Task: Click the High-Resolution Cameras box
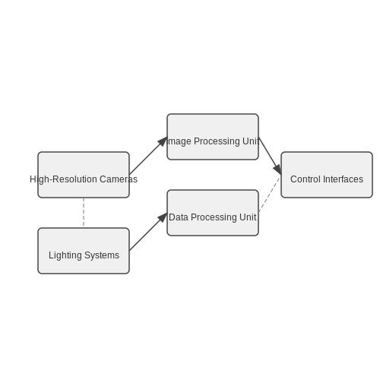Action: tap(84, 175)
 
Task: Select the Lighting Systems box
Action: tap(84, 251)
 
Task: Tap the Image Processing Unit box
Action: tap(213, 137)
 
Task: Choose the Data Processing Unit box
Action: tap(213, 213)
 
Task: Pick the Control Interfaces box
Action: tap(327, 175)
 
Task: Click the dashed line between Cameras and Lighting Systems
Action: tap(84, 213)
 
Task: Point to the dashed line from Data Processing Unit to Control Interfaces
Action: tap(270, 194)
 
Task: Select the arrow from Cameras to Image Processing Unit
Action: tap(148, 156)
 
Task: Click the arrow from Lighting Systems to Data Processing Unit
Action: tap(148, 232)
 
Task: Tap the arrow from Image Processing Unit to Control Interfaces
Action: tap(270, 156)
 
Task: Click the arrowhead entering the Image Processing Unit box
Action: tap(163, 141)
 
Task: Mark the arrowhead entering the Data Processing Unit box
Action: tap(163, 217)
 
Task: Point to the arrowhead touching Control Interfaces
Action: tap(277, 169)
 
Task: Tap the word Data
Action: tap(179, 217)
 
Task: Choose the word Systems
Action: tap(102, 255)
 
